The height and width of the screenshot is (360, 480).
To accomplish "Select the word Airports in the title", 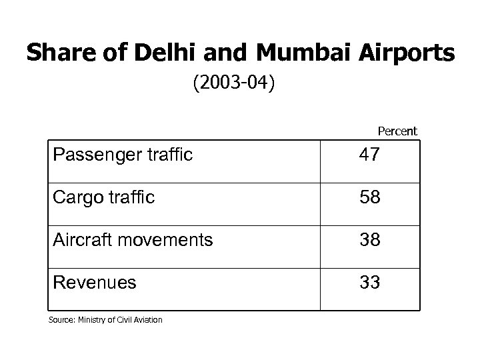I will (x=395, y=53).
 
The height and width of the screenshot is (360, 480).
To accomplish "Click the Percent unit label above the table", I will (x=397, y=131).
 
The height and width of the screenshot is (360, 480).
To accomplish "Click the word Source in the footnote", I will (x=58, y=321).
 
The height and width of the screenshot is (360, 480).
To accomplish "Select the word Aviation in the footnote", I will (x=147, y=321).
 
